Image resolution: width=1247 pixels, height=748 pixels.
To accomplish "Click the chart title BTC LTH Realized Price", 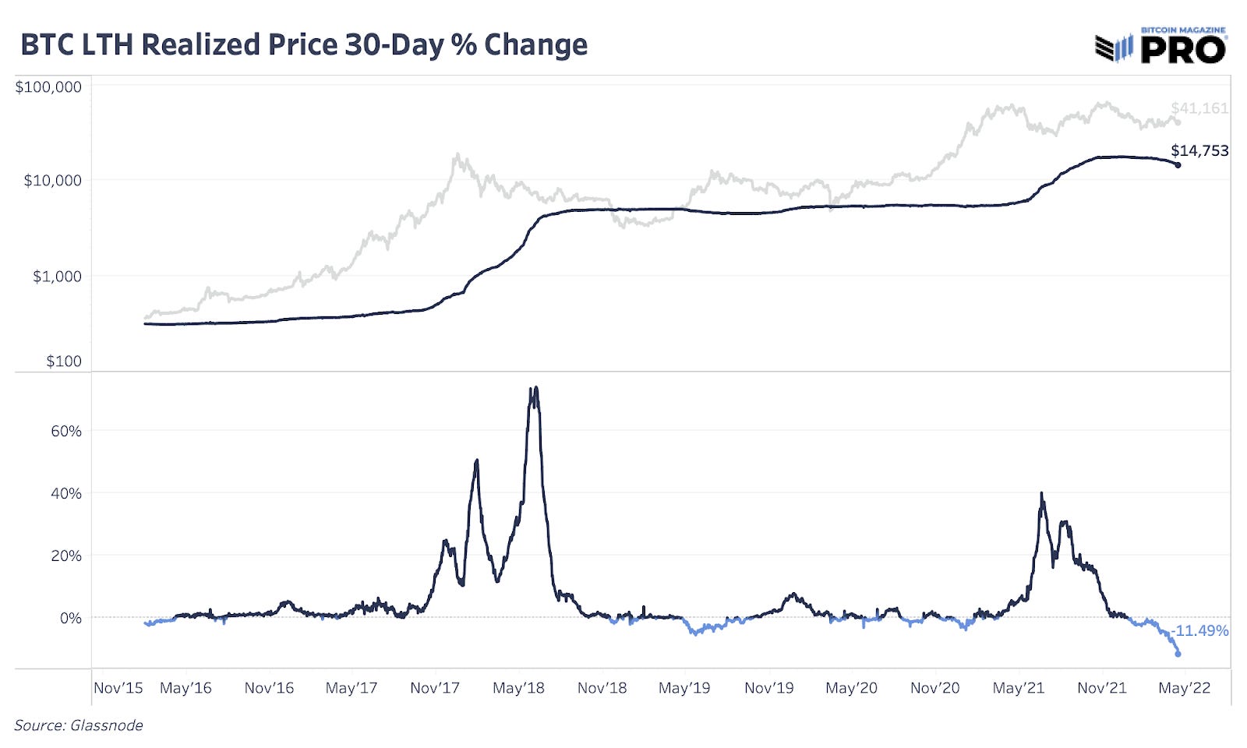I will (304, 44).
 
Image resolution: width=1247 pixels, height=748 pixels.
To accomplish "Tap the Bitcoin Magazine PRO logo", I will (1160, 47).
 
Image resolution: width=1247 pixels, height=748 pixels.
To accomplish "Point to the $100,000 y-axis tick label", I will (48, 86).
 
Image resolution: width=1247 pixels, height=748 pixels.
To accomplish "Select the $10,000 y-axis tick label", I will (52, 181).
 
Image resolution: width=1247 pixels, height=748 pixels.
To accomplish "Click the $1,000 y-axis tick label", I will (56, 277).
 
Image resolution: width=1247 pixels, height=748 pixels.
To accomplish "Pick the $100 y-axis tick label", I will (63, 361).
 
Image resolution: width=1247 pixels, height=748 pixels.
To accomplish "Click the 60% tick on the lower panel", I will (66, 431).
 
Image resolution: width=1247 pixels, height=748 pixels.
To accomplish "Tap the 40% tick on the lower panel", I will (66, 493).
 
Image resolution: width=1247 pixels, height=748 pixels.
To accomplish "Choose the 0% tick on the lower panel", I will (70, 618).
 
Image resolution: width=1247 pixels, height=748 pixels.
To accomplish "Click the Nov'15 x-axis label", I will (118, 688).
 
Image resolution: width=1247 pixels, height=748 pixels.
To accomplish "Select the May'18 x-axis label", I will (518, 688).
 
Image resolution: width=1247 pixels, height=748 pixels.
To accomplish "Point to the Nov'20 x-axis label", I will (934, 688).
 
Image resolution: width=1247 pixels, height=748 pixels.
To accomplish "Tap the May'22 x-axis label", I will (1184, 688).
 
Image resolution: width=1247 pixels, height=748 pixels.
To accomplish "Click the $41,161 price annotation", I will (1199, 108).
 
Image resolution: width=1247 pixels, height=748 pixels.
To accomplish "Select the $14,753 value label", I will (1199, 150).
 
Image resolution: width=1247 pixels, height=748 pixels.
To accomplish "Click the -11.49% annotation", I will (1200, 630).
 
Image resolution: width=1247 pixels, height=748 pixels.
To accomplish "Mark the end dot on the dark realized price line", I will (1178, 164).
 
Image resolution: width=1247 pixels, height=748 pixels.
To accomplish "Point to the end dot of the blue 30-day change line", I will (1178, 654).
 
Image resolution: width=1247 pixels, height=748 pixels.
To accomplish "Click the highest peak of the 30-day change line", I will (535, 389).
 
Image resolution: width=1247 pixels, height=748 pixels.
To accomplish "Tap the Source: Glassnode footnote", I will (79, 725).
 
